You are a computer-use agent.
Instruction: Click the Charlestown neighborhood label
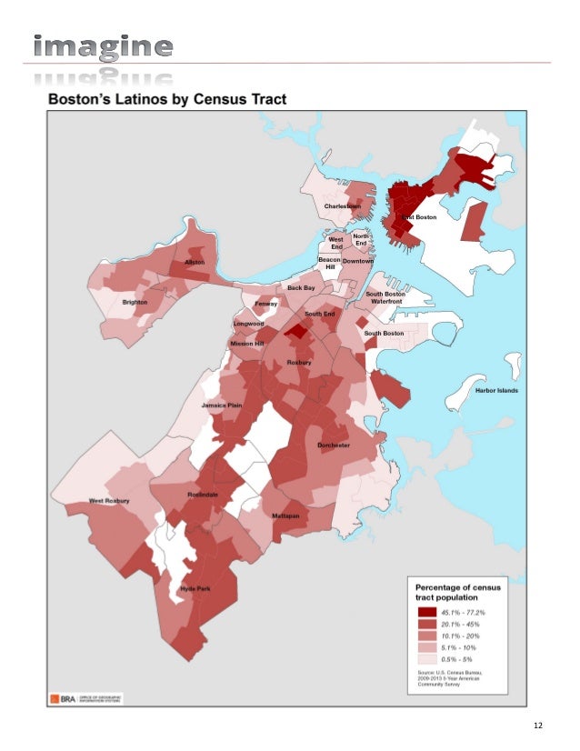(x=343, y=206)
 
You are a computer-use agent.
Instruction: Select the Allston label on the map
(x=195, y=262)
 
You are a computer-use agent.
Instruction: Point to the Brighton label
(x=135, y=302)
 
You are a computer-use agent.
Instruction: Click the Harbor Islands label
(x=496, y=390)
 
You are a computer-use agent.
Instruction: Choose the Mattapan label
(x=286, y=516)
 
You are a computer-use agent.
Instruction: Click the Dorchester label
(x=334, y=446)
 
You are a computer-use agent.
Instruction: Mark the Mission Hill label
(x=246, y=344)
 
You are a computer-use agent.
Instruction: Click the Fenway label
(x=266, y=303)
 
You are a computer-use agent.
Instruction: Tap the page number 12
(x=539, y=726)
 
